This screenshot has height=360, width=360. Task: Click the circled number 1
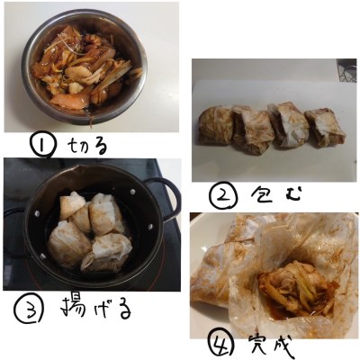tap(42, 145)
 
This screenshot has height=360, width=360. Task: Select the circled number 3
tap(29, 309)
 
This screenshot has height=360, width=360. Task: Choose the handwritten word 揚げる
tap(96, 309)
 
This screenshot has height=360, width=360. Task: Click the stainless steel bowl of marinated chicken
tap(85, 67)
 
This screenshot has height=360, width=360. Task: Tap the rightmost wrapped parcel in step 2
tap(326, 129)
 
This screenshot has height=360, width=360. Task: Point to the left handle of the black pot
tap(13, 231)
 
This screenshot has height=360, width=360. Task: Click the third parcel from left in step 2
tap(288, 124)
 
